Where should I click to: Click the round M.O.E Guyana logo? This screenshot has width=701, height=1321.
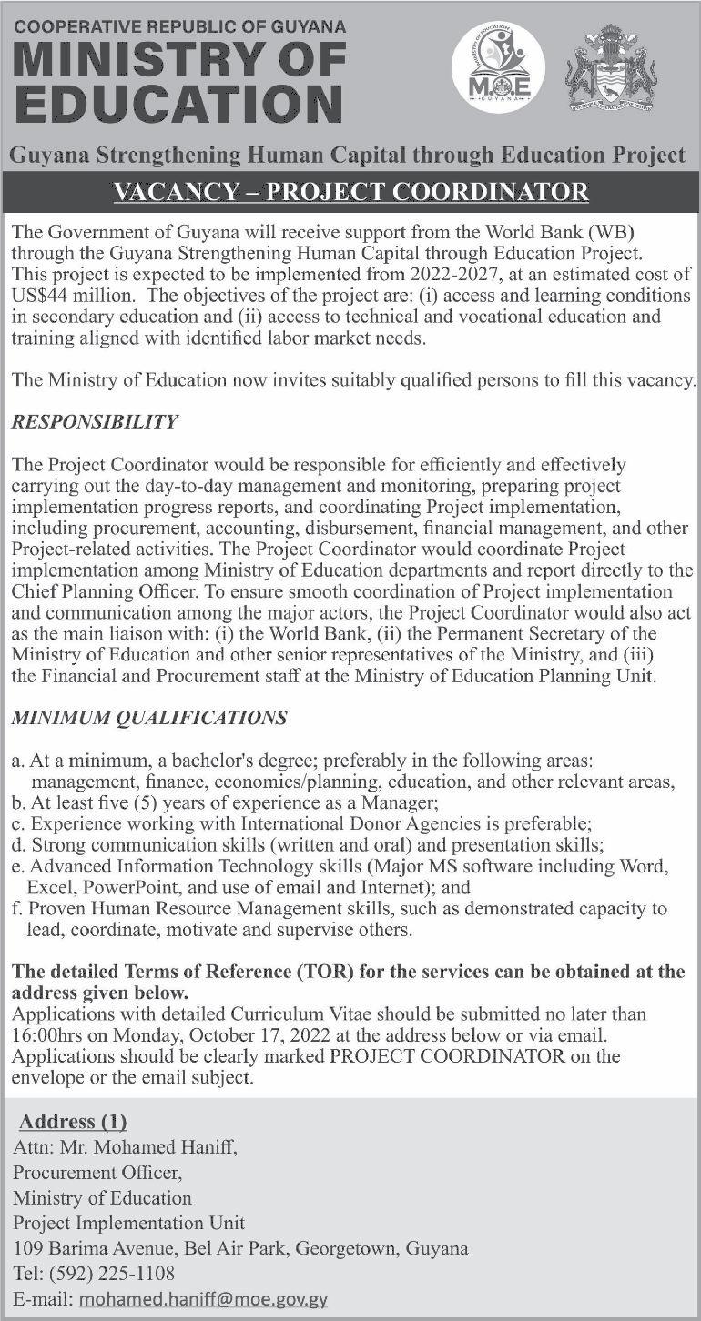click(498, 67)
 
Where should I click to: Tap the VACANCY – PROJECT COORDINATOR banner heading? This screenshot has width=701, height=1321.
click(350, 193)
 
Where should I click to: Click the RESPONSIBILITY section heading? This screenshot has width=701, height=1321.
click(95, 422)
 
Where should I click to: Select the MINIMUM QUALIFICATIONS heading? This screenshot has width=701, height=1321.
click(149, 718)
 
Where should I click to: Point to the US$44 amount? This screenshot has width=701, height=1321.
click(40, 297)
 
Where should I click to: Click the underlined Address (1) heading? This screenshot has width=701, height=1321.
click(74, 1121)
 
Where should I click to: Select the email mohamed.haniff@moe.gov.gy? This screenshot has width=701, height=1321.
click(203, 1299)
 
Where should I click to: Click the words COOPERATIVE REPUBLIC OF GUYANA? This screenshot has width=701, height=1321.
click(180, 26)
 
